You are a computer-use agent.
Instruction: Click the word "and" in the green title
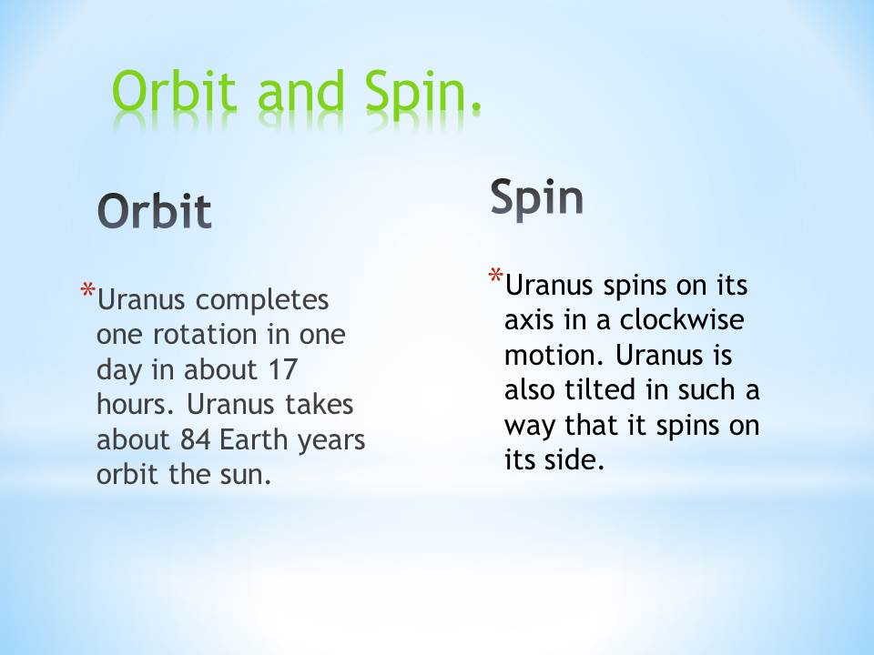300,91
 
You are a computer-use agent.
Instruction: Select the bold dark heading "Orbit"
155,211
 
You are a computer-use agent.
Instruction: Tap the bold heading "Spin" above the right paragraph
537,197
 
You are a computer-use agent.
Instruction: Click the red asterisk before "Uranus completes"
87,291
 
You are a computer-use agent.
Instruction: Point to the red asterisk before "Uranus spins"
495,277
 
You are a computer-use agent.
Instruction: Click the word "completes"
262,301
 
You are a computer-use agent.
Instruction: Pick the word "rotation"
206,335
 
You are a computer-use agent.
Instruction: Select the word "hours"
131,404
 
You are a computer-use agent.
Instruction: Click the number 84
196,440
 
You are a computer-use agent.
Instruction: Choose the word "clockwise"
682,319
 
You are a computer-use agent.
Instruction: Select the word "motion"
550,356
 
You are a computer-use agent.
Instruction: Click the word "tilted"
601,390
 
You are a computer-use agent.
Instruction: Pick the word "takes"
319,404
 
